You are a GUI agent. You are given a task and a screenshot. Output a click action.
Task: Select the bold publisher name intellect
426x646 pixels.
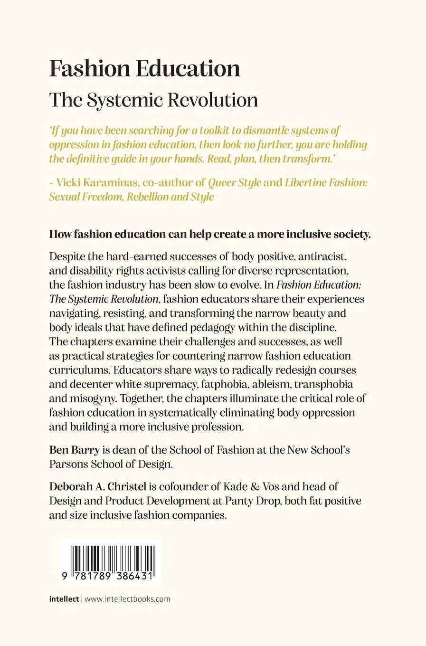tap(64, 599)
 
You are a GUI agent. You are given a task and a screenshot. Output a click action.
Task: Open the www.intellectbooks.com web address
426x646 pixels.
tap(127, 599)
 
